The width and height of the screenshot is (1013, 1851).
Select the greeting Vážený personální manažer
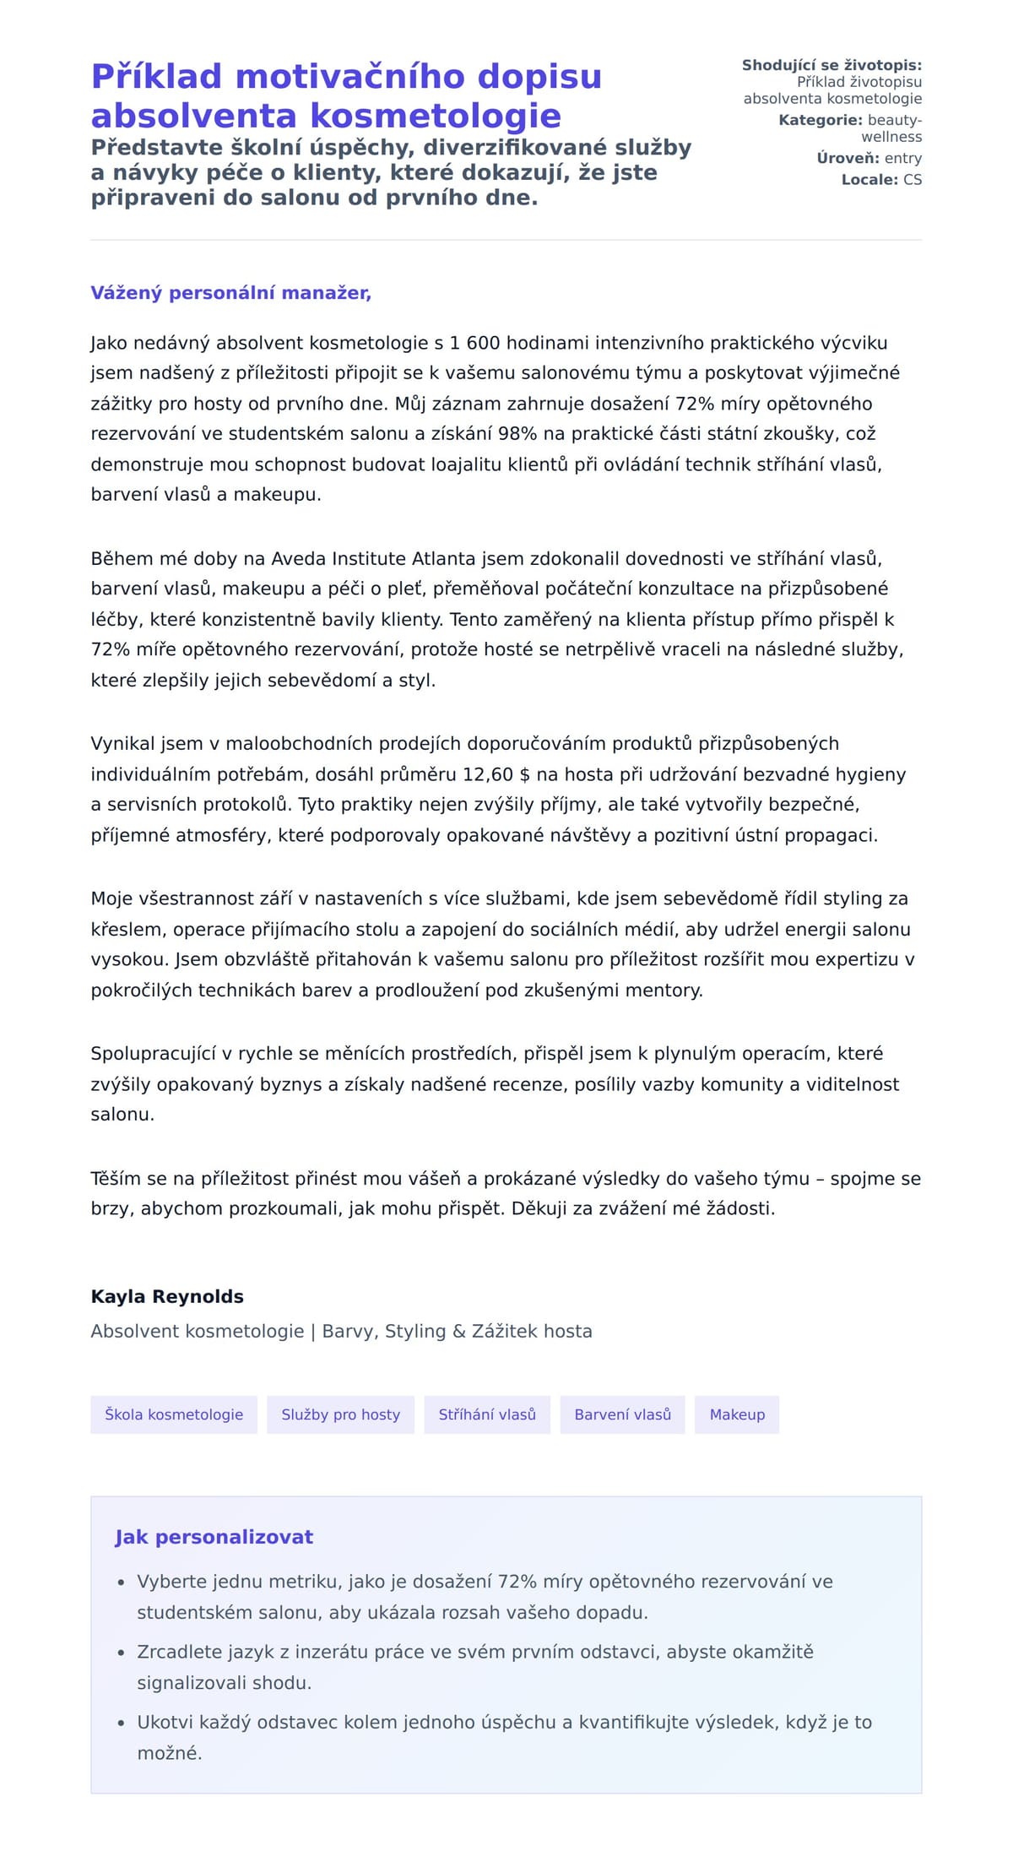[230, 293]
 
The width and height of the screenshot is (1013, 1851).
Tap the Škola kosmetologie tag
[174, 1414]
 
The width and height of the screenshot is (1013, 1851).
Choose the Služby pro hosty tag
[340, 1414]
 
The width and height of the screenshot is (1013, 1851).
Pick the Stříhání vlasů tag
[487, 1414]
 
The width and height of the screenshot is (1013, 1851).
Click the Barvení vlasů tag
[622, 1414]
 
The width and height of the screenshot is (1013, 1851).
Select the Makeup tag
[737, 1414]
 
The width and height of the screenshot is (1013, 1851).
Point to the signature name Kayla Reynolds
[167, 1297]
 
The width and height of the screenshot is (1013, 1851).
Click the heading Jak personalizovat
[214, 1537]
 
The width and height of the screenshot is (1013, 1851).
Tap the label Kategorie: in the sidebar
[820, 120]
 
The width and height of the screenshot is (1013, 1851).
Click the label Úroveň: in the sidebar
[848, 158]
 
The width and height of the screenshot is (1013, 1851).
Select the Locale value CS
[913, 180]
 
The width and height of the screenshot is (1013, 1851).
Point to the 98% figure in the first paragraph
[517, 434]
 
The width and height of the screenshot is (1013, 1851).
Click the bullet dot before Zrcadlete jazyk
[121, 1653]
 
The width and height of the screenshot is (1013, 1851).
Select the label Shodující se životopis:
[832, 65]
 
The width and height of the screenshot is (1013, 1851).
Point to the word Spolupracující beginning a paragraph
[154, 1054]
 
